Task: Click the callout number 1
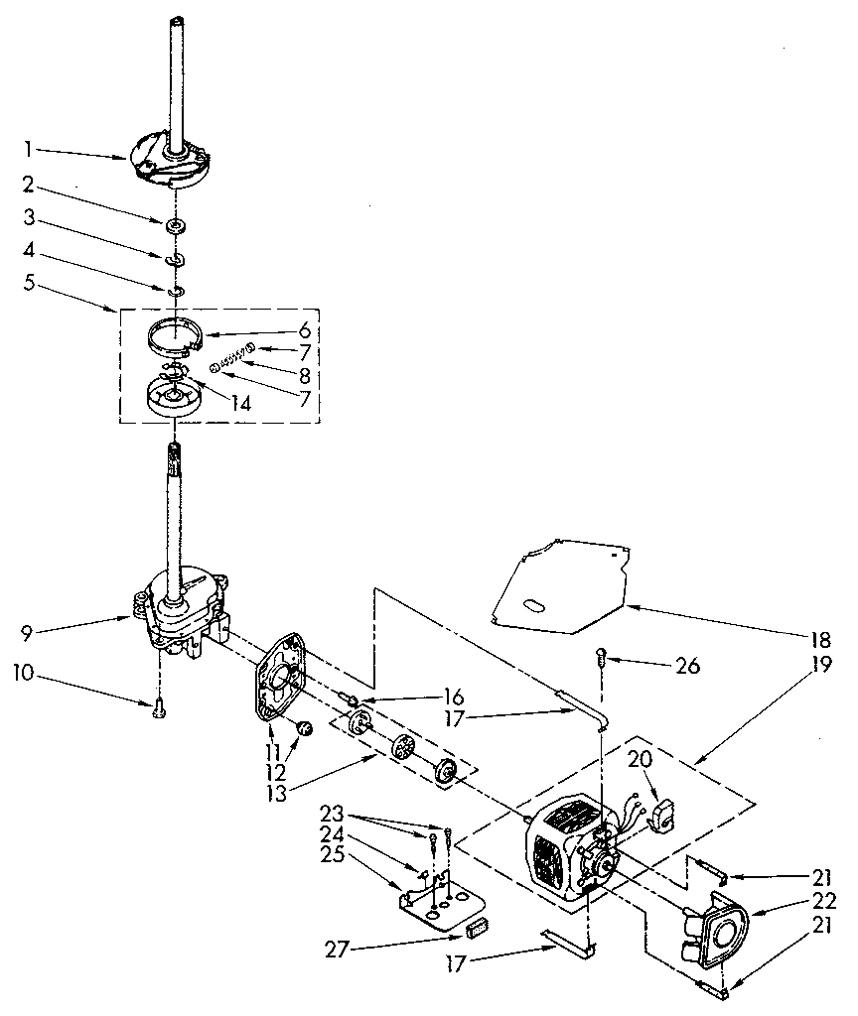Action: coord(29,150)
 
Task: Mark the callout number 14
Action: coord(240,403)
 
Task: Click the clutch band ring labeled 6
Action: coord(175,335)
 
